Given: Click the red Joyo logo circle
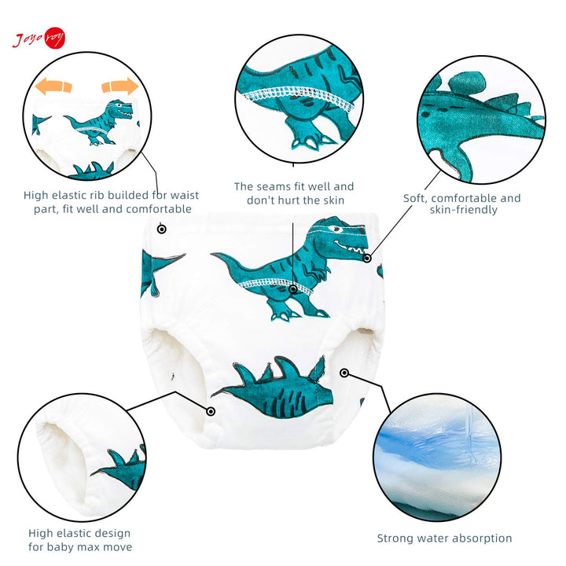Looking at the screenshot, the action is tap(55, 38).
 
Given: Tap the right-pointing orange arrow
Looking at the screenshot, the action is tap(119, 86).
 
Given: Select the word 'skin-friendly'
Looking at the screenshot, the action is tap(464, 210).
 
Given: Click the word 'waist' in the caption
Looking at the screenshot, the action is tap(185, 195).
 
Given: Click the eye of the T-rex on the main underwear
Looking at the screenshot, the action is tap(336, 229).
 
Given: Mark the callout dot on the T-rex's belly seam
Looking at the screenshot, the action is tap(293, 289).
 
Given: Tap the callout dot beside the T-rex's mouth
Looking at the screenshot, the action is tap(367, 258).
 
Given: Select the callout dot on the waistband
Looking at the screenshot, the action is tap(162, 229).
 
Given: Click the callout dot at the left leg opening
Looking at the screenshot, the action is tap(211, 411).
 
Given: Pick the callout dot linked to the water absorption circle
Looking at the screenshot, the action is tap(344, 373).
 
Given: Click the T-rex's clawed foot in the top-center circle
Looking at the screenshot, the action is tap(311, 139).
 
